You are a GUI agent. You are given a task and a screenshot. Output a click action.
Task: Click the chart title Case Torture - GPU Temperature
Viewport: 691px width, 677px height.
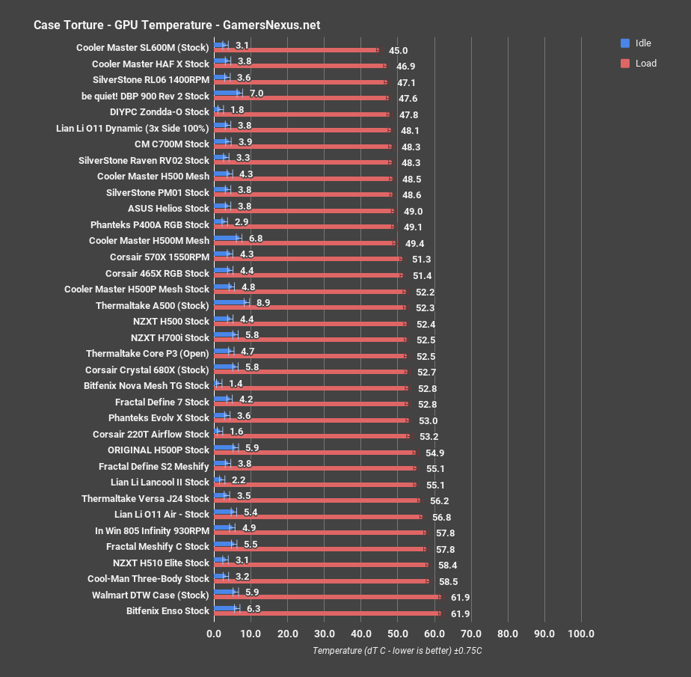pyautogui.click(x=176, y=25)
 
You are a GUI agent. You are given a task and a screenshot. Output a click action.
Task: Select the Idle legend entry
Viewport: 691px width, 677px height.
pyautogui.click(x=643, y=43)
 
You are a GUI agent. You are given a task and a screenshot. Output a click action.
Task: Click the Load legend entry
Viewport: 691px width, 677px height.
pyautogui.click(x=645, y=64)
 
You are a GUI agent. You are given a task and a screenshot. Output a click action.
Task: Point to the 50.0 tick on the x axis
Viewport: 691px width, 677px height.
pyautogui.click(x=397, y=634)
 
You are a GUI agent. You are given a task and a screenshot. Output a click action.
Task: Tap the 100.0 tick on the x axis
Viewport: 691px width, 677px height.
pyautogui.click(x=581, y=634)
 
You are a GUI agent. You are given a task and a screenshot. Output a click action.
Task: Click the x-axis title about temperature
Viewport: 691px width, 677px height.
pyautogui.click(x=397, y=651)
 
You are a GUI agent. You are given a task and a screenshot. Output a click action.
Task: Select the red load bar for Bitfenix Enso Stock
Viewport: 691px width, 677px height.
pyautogui.click(x=327, y=613)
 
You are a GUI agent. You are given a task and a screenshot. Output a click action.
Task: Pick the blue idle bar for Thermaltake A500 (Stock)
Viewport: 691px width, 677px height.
pyautogui.click(x=230, y=302)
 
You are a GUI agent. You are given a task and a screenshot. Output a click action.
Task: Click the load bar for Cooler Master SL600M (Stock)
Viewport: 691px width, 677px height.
pyautogui.click(x=295, y=51)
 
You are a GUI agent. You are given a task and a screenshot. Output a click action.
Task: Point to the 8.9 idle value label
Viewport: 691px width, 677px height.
pyautogui.click(x=263, y=302)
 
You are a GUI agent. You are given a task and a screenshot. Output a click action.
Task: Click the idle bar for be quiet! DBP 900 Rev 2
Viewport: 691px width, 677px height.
pyautogui.click(x=227, y=94)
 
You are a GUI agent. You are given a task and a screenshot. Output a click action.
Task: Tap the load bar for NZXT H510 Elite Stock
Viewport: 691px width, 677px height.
pyautogui.click(x=320, y=565)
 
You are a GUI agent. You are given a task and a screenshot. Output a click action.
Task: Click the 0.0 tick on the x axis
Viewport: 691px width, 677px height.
pyautogui.click(x=214, y=634)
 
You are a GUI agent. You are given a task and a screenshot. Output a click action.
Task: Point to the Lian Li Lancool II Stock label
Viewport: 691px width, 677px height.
pyautogui.click(x=159, y=482)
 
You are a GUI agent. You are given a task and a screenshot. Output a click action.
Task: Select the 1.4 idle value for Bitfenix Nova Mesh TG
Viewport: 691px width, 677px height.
pyautogui.click(x=236, y=383)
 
